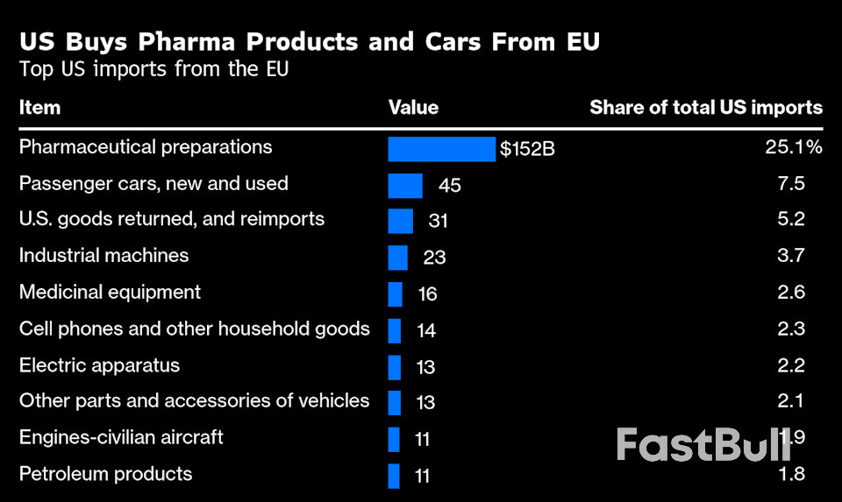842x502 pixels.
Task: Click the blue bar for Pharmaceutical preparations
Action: coord(441,149)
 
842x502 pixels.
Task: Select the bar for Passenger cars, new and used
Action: coord(405,185)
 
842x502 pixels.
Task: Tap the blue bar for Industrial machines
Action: coord(397,257)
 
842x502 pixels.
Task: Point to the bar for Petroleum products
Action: coord(394,476)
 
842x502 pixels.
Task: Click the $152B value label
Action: coord(527,149)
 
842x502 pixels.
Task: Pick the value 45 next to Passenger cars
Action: coord(450,185)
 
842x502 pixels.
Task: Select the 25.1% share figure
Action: coord(793,147)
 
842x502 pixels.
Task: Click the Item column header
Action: coord(39,108)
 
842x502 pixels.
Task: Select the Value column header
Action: coord(413,108)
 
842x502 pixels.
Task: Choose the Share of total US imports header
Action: coord(706,108)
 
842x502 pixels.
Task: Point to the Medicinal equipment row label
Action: coord(110,292)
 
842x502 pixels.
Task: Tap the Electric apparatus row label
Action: coord(99,364)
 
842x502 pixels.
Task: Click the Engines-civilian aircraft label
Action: coord(121,437)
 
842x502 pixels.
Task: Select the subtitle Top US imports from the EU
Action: coord(153,70)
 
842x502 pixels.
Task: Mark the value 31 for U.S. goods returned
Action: coord(438,221)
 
